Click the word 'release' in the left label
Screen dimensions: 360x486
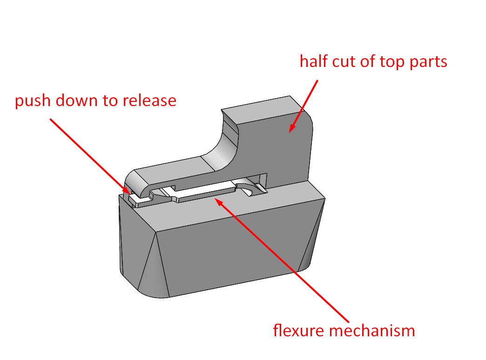click(151, 101)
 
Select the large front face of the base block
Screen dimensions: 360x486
click(223, 251)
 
